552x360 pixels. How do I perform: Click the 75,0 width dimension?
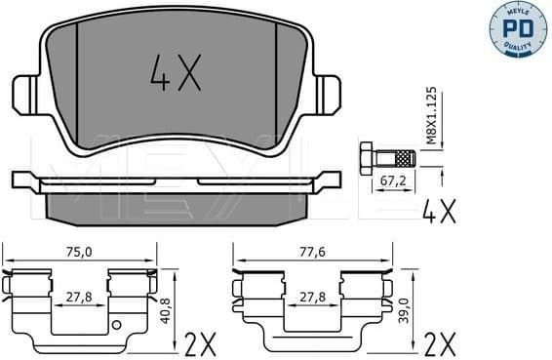pos(81,252)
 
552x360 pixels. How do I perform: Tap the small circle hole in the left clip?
pos(117,325)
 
